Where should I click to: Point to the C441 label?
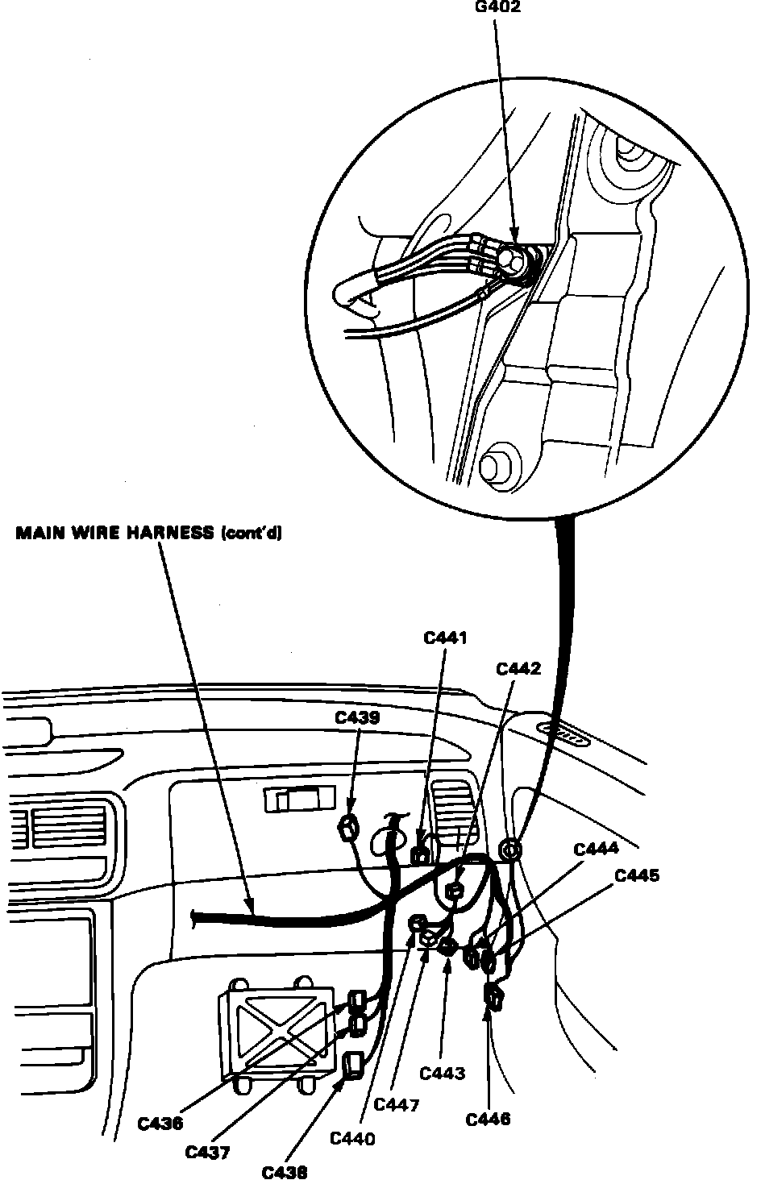(446, 638)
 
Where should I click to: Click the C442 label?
(518, 668)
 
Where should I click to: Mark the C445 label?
(636, 875)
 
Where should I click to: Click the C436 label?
(160, 1122)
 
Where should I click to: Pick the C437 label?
(207, 1152)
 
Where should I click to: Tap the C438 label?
(285, 1172)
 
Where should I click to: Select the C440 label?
(353, 1139)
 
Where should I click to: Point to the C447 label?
(397, 1105)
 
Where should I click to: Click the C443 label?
(443, 1073)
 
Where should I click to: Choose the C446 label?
(488, 1119)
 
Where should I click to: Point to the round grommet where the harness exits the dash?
(509, 850)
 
